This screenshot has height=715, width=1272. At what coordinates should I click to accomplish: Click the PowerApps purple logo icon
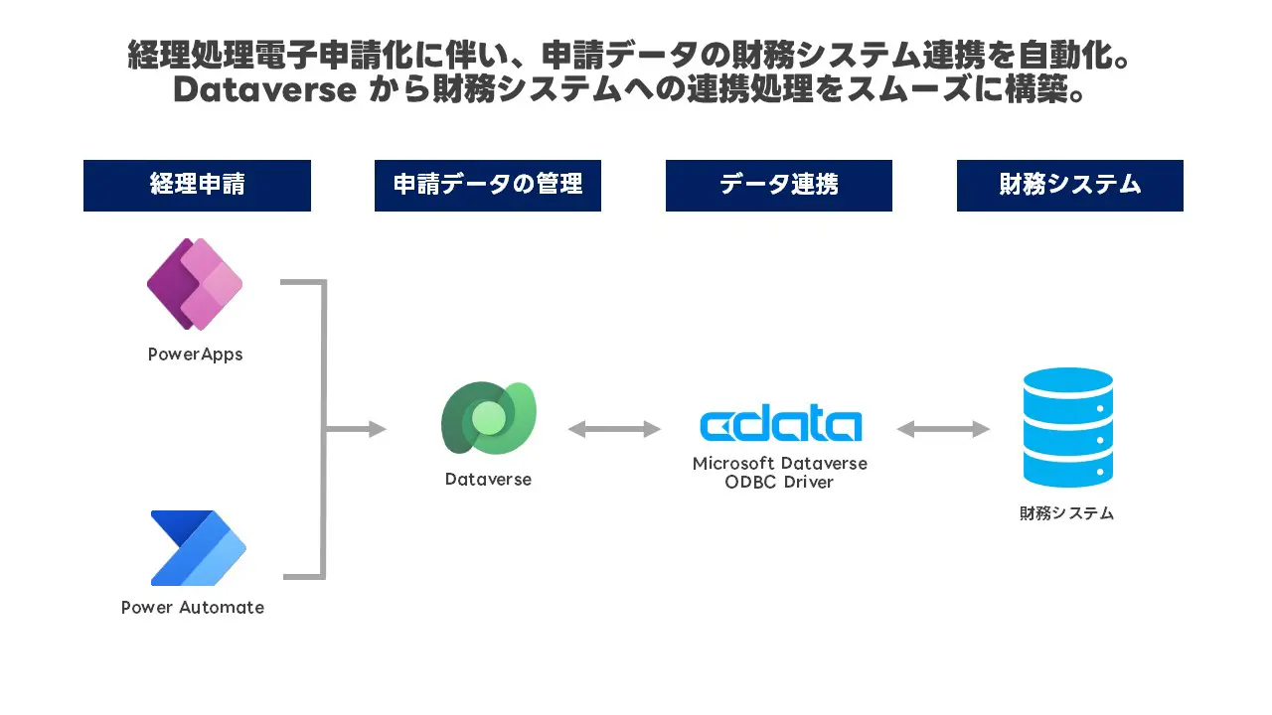tap(195, 284)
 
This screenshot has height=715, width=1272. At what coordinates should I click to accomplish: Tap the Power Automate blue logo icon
tap(198, 547)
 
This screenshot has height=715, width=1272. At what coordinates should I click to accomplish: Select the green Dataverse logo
tap(488, 418)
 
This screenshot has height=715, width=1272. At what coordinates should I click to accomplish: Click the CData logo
tap(780, 425)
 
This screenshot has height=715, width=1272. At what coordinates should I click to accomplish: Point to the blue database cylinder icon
tap(1067, 428)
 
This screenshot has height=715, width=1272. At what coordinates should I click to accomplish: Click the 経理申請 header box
tap(197, 186)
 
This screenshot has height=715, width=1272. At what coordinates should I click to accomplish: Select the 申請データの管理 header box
tap(487, 186)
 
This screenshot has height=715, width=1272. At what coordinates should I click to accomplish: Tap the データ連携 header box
tap(778, 186)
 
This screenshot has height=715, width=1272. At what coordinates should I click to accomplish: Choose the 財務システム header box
tap(1069, 186)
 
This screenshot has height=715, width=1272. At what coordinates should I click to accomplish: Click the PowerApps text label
tap(195, 355)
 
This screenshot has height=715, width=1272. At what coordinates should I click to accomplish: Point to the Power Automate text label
tap(193, 608)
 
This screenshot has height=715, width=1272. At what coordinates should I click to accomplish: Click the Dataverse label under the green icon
tap(488, 480)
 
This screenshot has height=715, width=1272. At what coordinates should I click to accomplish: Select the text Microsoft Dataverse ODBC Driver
tap(779, 473)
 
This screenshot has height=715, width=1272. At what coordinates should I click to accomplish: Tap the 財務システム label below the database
tap(1066, 513)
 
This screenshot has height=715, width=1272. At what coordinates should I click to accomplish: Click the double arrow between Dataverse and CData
tap(614, 429)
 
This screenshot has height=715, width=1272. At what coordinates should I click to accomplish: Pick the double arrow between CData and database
tap(943, 429)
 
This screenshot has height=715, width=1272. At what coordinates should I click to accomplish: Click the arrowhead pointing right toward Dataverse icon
tap(378, 429)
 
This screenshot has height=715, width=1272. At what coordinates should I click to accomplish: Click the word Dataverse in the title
tap(264, 89)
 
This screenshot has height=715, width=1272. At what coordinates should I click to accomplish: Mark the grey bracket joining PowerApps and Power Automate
tap(322, 429)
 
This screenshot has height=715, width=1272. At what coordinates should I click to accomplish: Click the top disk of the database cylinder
tap(1067, 383)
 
